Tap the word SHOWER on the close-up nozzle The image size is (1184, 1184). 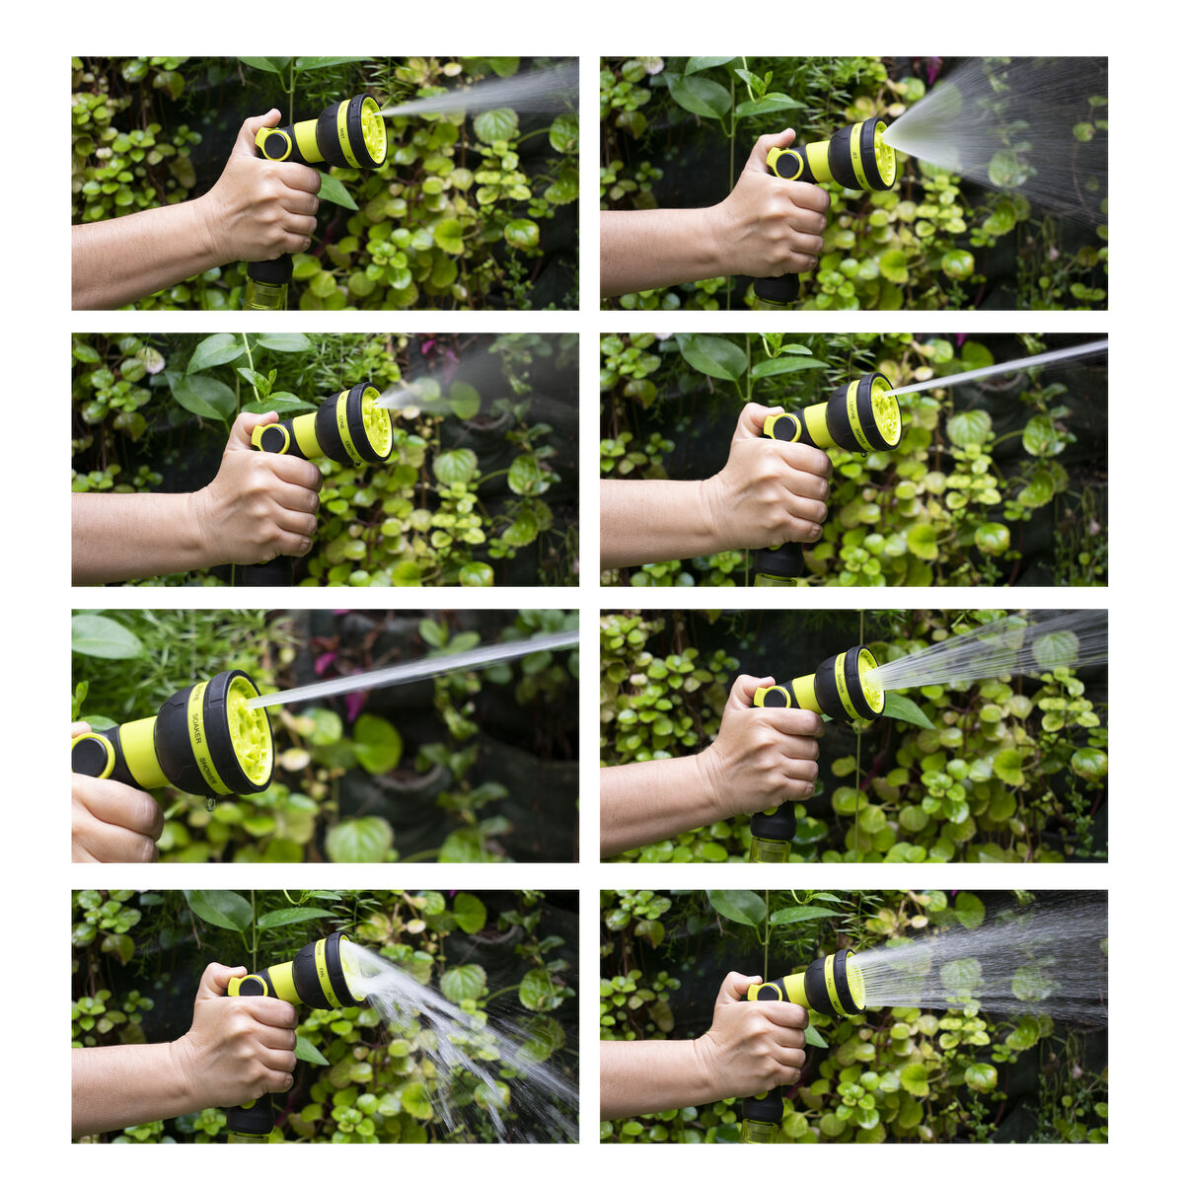206,770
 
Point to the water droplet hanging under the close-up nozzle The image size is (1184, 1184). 209,805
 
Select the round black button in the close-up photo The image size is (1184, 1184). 92,756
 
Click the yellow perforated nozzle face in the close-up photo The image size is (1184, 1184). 250,731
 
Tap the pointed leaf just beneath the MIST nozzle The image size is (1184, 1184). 336,191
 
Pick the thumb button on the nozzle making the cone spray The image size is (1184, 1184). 787,164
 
